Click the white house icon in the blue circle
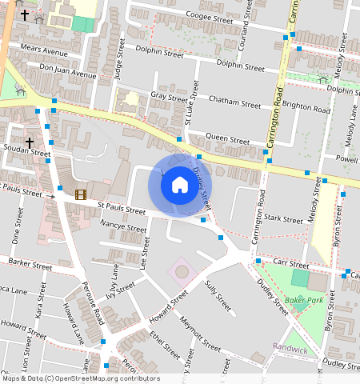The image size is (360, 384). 180,185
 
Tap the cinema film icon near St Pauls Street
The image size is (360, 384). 80,194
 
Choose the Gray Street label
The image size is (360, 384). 168,95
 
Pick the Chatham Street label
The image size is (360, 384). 234,102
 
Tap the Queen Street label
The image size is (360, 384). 228,138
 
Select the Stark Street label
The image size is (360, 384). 283,218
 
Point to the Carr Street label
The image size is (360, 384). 293,264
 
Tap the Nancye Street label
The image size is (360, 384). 123,229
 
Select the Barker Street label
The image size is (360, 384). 30,262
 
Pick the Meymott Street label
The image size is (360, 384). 200,334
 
